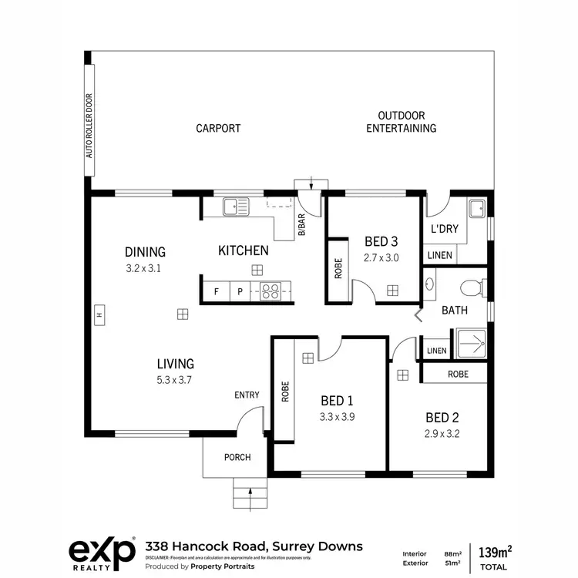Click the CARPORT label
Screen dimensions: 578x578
point(218,129)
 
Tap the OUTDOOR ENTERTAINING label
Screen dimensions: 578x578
point(401,122)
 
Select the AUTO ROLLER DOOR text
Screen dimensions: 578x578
point(89,126)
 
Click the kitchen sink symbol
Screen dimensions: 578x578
point(236,207)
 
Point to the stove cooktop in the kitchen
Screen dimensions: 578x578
point(271,291)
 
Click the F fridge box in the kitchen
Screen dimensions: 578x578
point(217,292)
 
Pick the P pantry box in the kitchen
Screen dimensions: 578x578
point(240,292)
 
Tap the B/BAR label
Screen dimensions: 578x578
point(301,223)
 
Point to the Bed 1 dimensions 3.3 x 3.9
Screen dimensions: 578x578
point(336,417)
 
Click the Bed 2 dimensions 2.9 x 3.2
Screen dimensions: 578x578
point(442,434)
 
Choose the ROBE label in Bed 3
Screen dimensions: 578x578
point(338,271)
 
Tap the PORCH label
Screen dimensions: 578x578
point(237,457)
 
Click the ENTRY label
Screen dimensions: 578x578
point(247,395)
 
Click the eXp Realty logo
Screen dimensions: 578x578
point(102,551)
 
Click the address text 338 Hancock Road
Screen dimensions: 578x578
point(254,546)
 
